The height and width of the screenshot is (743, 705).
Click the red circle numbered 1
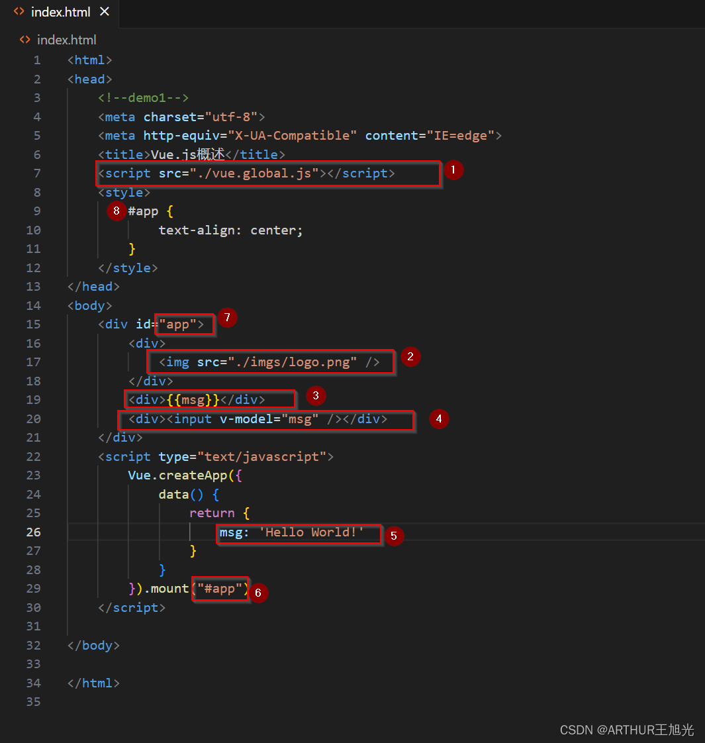[x=453, y=170]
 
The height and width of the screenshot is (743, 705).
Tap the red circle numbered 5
[x=393, y=536]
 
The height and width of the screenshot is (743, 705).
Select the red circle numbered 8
[x=117, y=211]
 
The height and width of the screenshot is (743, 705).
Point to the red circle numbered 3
[x=316, y=397]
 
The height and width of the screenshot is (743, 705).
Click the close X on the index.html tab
[x=104, y=12]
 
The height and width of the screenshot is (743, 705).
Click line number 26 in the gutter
[x=33, y=532]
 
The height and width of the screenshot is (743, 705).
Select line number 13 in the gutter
[x=33, y=287]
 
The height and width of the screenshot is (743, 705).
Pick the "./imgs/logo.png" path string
[x=293, y=362]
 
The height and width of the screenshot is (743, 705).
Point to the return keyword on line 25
[x=212, y=513]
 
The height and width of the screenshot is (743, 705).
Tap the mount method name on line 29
[x=169, y=589]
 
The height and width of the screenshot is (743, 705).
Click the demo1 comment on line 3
[x=144, y=98]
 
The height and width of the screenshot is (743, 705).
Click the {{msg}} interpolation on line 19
[x=193, y=400]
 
